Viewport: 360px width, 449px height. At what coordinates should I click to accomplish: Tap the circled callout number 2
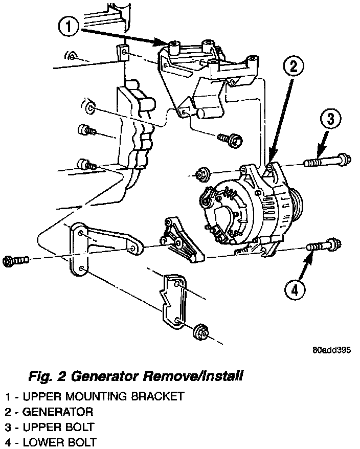[293, 65]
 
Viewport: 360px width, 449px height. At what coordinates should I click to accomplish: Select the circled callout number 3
[331, 119]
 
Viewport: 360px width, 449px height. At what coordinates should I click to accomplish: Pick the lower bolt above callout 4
[323, 247]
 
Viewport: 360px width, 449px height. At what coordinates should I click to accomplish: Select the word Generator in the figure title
[102, 377]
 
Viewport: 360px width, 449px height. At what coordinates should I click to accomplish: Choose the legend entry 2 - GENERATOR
[50, 411]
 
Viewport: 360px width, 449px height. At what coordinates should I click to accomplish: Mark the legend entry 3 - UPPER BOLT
[51, 426]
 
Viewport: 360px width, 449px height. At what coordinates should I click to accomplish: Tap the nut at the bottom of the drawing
[199, 334]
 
